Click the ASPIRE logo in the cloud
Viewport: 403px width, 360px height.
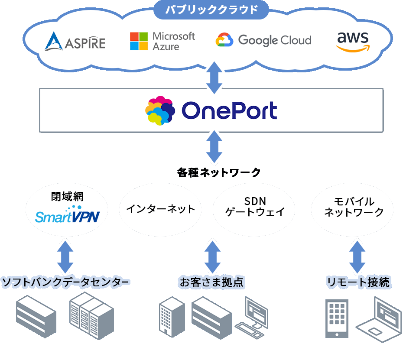[75, 42]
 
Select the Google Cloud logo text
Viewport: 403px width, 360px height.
[274, 41]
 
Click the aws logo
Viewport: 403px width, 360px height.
[353, 42]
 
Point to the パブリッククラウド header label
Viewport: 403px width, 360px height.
[212, 9]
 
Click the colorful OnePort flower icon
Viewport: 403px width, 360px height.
[159, 110]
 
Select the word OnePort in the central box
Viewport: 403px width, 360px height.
[229, 111]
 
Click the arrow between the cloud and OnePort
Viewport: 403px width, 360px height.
[214, 78]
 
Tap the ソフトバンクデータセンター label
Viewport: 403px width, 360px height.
[65, 283]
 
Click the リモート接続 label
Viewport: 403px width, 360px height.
[358, 283]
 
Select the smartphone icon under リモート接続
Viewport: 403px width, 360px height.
[337, 318]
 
